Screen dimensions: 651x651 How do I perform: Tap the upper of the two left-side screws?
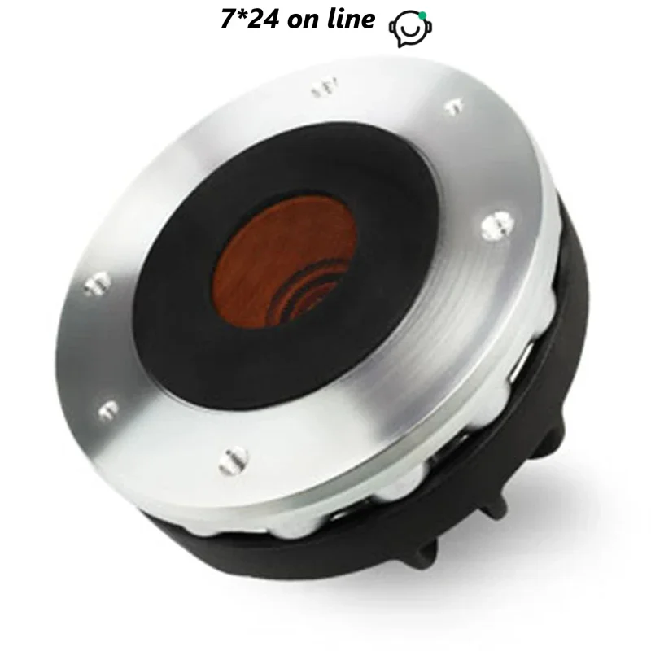(x=96, y=282)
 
